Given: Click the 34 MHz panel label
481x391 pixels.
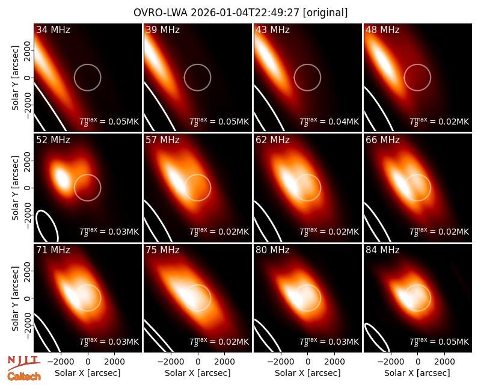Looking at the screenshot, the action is [53, 29].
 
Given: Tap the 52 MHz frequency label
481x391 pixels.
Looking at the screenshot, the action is [53, 140].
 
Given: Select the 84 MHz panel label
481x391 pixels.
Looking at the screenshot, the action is [382, 250].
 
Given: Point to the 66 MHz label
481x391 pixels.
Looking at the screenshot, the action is [382, 140].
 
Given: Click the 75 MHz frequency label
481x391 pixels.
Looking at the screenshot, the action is [162, 250].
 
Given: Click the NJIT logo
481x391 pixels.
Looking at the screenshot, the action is [24, 363].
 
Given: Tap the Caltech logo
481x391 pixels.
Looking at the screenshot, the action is [24, 377].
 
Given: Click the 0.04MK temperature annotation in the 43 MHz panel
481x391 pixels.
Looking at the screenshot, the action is [329, 122].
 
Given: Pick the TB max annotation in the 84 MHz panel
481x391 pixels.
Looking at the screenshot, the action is [440, 342].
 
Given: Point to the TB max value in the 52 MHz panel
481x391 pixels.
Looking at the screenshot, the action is [109, 232].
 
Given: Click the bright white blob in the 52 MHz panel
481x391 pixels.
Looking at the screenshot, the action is [63, 179].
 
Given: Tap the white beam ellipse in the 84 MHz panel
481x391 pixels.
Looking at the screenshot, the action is [378, 337].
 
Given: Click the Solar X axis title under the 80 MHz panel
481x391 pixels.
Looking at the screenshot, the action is [308, 373].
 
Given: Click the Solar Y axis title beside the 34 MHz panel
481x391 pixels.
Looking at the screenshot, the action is [16, 78].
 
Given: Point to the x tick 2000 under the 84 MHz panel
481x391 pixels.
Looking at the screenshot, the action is [444, 362].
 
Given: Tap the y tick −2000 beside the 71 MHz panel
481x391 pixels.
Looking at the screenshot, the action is [28, 325].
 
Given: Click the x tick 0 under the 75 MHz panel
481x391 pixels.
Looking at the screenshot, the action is [198, 362].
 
